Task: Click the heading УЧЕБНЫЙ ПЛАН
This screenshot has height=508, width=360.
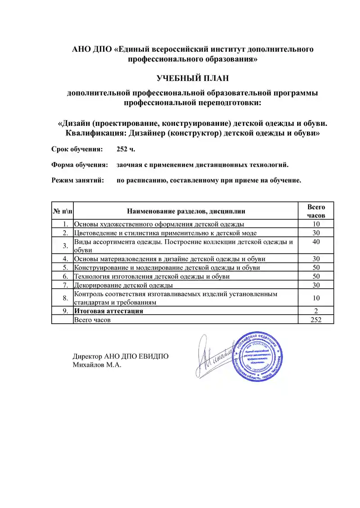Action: click(193, 78)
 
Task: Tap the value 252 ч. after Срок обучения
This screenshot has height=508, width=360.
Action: click(126, 149)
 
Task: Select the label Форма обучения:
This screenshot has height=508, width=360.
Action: click(79, 165)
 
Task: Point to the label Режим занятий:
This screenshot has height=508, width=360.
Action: click(78, 180)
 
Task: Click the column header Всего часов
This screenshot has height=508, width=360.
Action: click(316, 211)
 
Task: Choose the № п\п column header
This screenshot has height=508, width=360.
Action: click(62, 211)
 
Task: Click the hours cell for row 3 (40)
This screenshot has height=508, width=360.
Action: click(316, 242)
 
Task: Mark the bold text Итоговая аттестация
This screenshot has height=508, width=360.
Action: click(108, 311)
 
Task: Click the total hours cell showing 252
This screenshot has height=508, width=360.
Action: click(316, 319)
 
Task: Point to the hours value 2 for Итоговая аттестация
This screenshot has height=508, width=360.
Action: click(316, 311)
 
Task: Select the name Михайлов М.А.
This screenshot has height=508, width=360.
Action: click(97, 365)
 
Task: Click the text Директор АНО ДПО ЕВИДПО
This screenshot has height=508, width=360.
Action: click(121, 356)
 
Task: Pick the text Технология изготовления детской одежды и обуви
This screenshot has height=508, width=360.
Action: click(152, 276)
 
